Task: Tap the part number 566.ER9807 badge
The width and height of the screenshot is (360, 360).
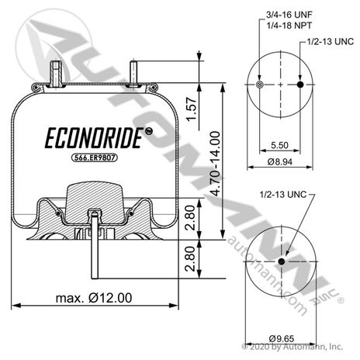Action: (94, 157)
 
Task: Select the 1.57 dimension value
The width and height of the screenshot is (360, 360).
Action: (192, 109)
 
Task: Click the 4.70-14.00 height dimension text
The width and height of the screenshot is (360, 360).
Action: (215, 164)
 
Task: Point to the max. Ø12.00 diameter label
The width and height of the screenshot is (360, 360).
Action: (94, 298)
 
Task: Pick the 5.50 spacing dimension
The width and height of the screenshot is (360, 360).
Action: (279, 145)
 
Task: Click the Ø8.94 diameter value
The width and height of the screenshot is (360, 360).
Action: (280, 162)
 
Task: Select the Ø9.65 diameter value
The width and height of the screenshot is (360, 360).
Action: (282, 338)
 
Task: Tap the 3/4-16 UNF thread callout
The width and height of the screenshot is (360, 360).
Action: (289, 15)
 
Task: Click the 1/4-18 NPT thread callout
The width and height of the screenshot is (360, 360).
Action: (289, 26)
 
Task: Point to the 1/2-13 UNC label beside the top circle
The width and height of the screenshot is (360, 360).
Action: (330, 41)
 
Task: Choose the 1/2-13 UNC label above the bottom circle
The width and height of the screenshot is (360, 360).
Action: (283, 194)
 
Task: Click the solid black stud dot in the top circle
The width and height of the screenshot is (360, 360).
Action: (300, 85)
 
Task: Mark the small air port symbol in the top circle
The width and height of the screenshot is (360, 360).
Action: (259, 85)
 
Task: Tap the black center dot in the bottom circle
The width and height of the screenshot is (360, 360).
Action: (282, 261)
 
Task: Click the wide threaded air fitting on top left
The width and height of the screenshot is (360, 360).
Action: (55, 74)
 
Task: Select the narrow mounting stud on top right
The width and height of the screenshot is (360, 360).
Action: (133, 73)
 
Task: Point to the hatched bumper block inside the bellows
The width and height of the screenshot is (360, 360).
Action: (94, 200)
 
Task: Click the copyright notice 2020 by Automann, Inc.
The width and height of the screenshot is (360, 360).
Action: (292, 347)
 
